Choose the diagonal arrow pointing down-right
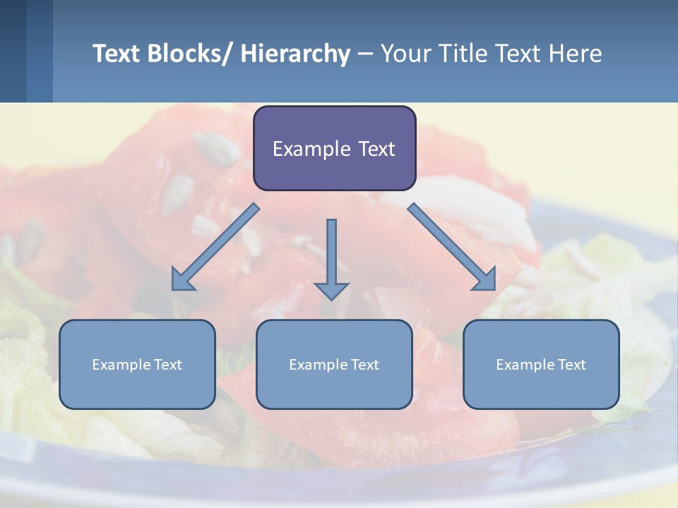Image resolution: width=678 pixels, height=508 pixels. (452, 247)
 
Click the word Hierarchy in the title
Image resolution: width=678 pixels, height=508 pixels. (295, 54)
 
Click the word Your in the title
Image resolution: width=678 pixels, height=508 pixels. (406, 54)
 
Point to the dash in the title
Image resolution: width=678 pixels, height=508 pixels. (365, 54)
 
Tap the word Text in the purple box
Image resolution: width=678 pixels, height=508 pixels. (376, 150)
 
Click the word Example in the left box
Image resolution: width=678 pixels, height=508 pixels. (121, 365)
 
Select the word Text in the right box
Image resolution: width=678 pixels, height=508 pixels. (571, 365)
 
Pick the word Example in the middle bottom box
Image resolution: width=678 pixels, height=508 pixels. (319, 365)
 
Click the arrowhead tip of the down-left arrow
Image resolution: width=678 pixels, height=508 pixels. (174, 289)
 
